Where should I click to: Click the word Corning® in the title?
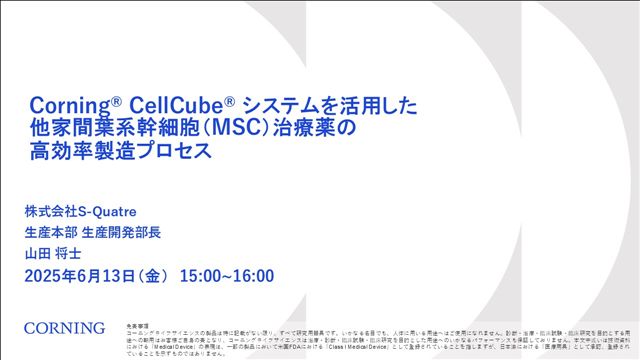tap(68, 106)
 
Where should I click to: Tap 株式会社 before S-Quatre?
tap(50, 212)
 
